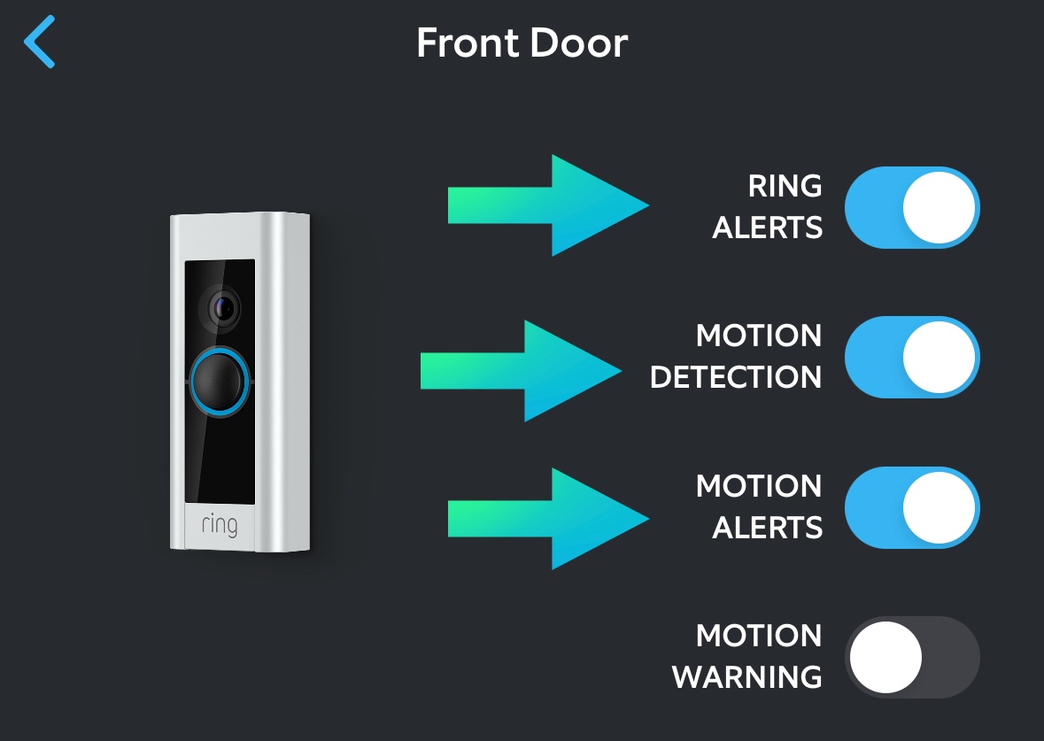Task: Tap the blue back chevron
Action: (40, 42)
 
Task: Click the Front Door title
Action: (522, 42)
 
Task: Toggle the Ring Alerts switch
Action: (911, 207)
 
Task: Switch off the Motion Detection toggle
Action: (911, 357)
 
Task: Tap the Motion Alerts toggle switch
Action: (911, 507)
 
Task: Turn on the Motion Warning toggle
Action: (911, 658)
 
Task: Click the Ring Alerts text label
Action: (767, 207)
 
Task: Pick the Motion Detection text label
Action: (736, 357)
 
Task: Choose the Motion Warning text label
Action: (746, 657)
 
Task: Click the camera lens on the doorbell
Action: (222, 308)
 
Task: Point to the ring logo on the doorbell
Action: (219, 524)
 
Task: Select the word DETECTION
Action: (736, 377)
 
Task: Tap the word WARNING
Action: (746, 677)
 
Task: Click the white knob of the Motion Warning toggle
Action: (885, 658)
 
